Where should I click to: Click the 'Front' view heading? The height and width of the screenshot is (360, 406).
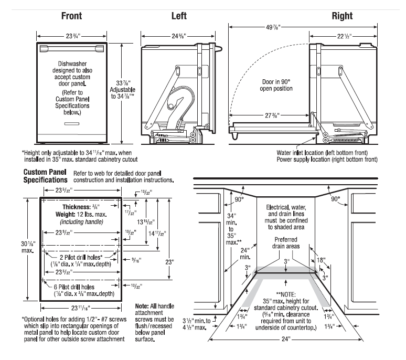71,15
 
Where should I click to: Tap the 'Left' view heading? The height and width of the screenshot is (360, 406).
179,15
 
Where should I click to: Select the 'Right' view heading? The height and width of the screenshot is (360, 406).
341,15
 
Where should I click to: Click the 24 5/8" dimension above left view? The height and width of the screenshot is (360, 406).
178,36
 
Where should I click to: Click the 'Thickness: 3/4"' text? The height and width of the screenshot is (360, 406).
81,207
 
